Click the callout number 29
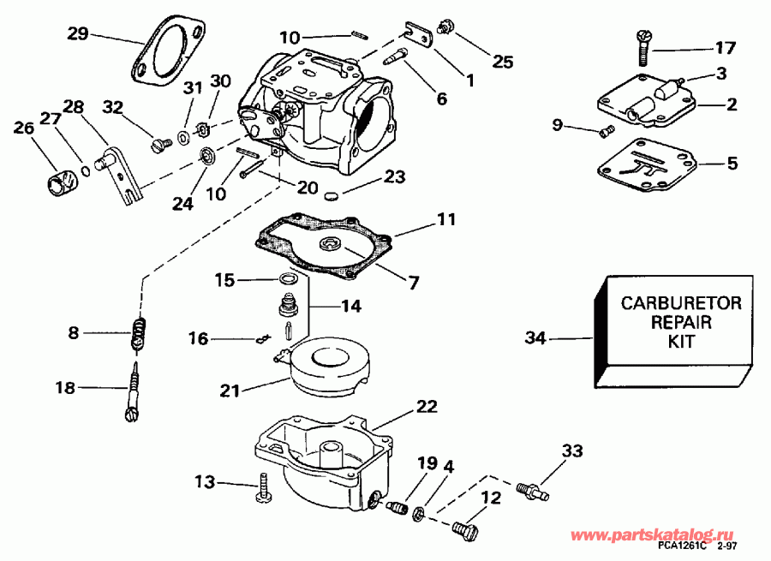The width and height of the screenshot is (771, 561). point(78,33)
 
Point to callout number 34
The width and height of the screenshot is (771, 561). point(535,339)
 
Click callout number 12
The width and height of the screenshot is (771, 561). point(490,497)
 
